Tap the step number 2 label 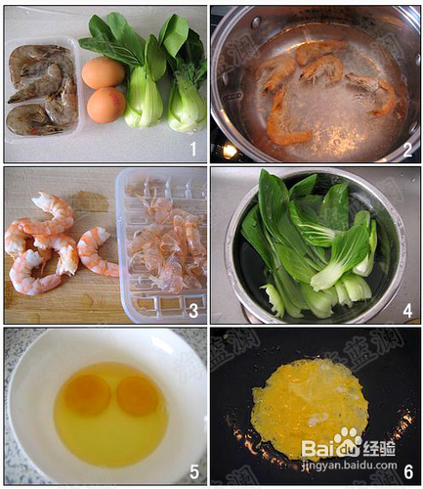(x=407, y=149)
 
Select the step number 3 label (x=193, y=311)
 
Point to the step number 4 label (x=407, y=311)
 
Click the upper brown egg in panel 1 (x=103, y=72)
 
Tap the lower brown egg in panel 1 (x=105, y=105)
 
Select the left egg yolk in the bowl (x=87, y=394)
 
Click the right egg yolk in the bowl (x=137, y=395)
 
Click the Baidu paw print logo (x=346, y=441)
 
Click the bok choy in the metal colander (x=313, y=244)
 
